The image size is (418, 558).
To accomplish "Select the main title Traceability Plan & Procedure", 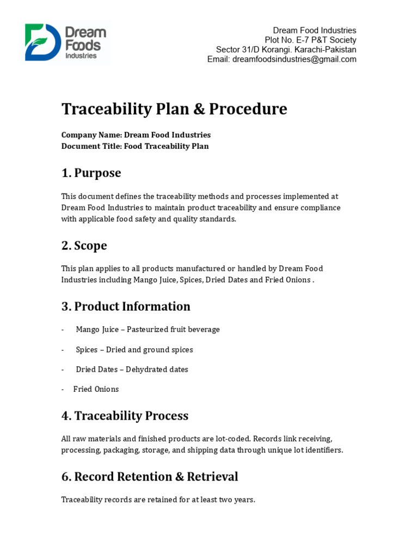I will coord(174,109).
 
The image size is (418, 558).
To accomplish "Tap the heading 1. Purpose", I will coord(91,173).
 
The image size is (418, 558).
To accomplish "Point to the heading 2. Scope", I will coord(84,246).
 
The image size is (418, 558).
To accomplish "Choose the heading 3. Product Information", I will coord(126,306).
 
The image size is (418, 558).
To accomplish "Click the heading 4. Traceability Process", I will coord(125,416).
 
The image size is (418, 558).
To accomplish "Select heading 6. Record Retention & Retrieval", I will coord(150,477).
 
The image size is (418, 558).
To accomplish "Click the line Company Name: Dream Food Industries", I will coord(136,135).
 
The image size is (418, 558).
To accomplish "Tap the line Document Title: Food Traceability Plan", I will coord(135,146).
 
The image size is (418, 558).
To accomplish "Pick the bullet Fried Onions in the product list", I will coord(96,389).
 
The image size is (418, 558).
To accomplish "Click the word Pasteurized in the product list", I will coord(146,330).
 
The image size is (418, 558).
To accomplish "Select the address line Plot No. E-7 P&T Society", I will coord(310,40).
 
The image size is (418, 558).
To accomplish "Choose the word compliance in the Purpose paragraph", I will coord(321,208).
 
